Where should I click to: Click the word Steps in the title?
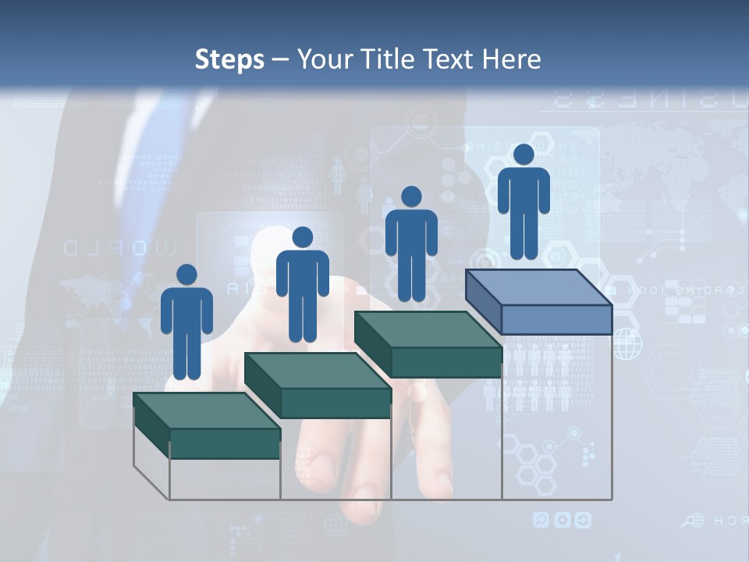(x=229, y=59)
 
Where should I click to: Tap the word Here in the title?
(x=512, y=59)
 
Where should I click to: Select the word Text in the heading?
(x=450, y=59)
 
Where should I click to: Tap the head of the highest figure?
(x=524, y=155)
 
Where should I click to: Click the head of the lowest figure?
(x=186, y=275)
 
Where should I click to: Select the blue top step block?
(x=538, y=301)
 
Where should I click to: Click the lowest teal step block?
(x=207, y=425)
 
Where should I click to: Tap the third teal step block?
(x=428, y=344)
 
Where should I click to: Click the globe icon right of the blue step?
(x=627, y=343)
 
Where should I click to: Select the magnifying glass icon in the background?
(x=690, y=520)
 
